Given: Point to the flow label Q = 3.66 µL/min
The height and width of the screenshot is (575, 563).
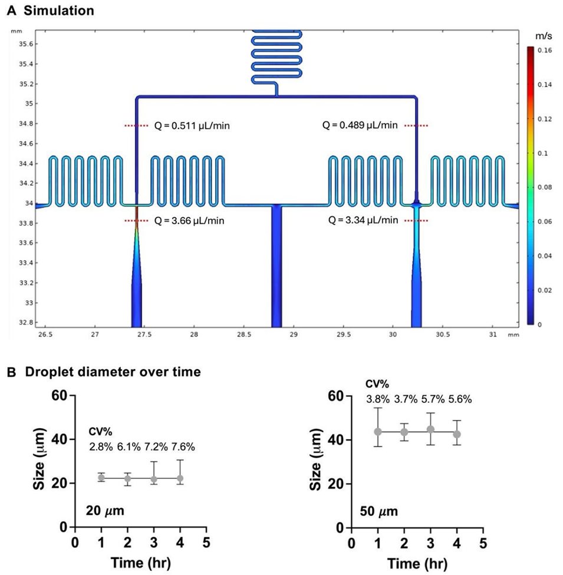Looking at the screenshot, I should click(x=193, y=221).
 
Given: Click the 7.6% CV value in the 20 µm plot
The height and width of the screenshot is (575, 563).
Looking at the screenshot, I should click(x=183, y=446).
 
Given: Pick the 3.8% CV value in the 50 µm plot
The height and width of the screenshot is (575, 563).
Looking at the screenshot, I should click(x=378, y=400).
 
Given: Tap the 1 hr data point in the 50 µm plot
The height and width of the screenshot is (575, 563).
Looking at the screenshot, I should click(x=378, y=432).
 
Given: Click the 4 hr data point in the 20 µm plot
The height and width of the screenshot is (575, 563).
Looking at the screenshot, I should click(x=180, y=478).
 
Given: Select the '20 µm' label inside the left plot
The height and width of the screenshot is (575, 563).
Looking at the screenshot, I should click(x=105, y=510).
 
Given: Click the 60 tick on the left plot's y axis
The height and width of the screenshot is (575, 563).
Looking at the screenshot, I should click(x=59, y=396).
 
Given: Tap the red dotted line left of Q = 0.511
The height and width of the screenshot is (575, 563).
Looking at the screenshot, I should click(x=137, y=126).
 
